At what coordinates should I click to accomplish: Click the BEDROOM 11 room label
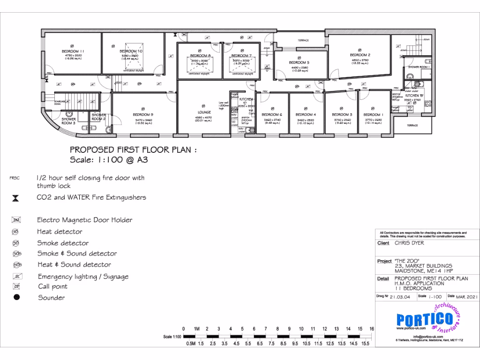[73, 51]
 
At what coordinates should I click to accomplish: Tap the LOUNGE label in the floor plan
[204, 112]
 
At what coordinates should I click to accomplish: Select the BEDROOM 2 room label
[360, 55]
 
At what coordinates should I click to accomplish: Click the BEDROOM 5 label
[299, 62]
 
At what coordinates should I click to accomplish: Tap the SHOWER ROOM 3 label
[68, 121]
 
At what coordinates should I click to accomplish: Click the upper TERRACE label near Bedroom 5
[303, 41]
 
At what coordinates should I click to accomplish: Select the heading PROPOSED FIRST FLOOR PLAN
[131, 150]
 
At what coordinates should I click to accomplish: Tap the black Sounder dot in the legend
[16, 298]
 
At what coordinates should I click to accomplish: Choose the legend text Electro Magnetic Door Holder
[84, 220]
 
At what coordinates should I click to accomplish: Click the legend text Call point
[52, 286]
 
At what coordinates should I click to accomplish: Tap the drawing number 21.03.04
[399, 296]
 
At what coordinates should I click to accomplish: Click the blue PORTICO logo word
[424, 320]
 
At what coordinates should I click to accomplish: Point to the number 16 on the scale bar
[372, 329]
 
